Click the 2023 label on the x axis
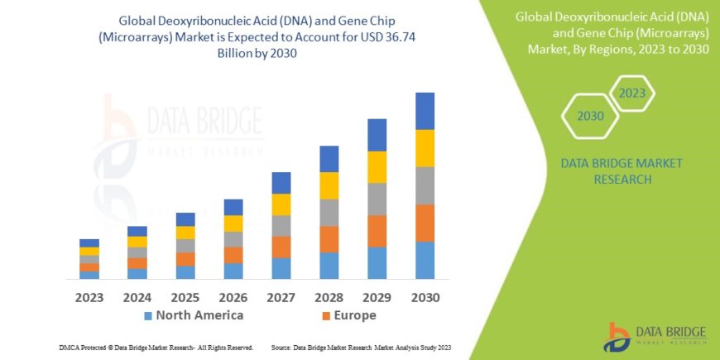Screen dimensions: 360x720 [89, 296]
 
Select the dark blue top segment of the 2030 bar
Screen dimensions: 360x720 [425, 111]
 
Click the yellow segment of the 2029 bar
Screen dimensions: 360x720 [377, 167]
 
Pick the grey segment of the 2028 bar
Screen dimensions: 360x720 [329, 213]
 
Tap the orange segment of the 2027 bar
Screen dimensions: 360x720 [281, 247]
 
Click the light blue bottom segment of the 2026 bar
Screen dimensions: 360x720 [233, 271]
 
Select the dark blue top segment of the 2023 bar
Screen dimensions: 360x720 [89, 242]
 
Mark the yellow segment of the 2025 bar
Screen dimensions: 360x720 [185, 233]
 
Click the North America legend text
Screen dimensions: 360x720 [199, 315]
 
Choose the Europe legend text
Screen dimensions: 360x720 [356, 315]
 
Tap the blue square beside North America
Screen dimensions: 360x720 [148, 316]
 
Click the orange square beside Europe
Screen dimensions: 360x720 [327, 316]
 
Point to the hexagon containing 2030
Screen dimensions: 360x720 [590, 116]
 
